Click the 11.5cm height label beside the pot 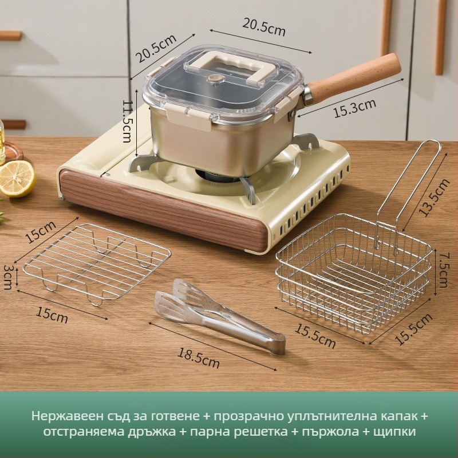click(127, 123)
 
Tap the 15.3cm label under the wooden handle click(355, 107)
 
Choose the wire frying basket click(352, 275)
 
